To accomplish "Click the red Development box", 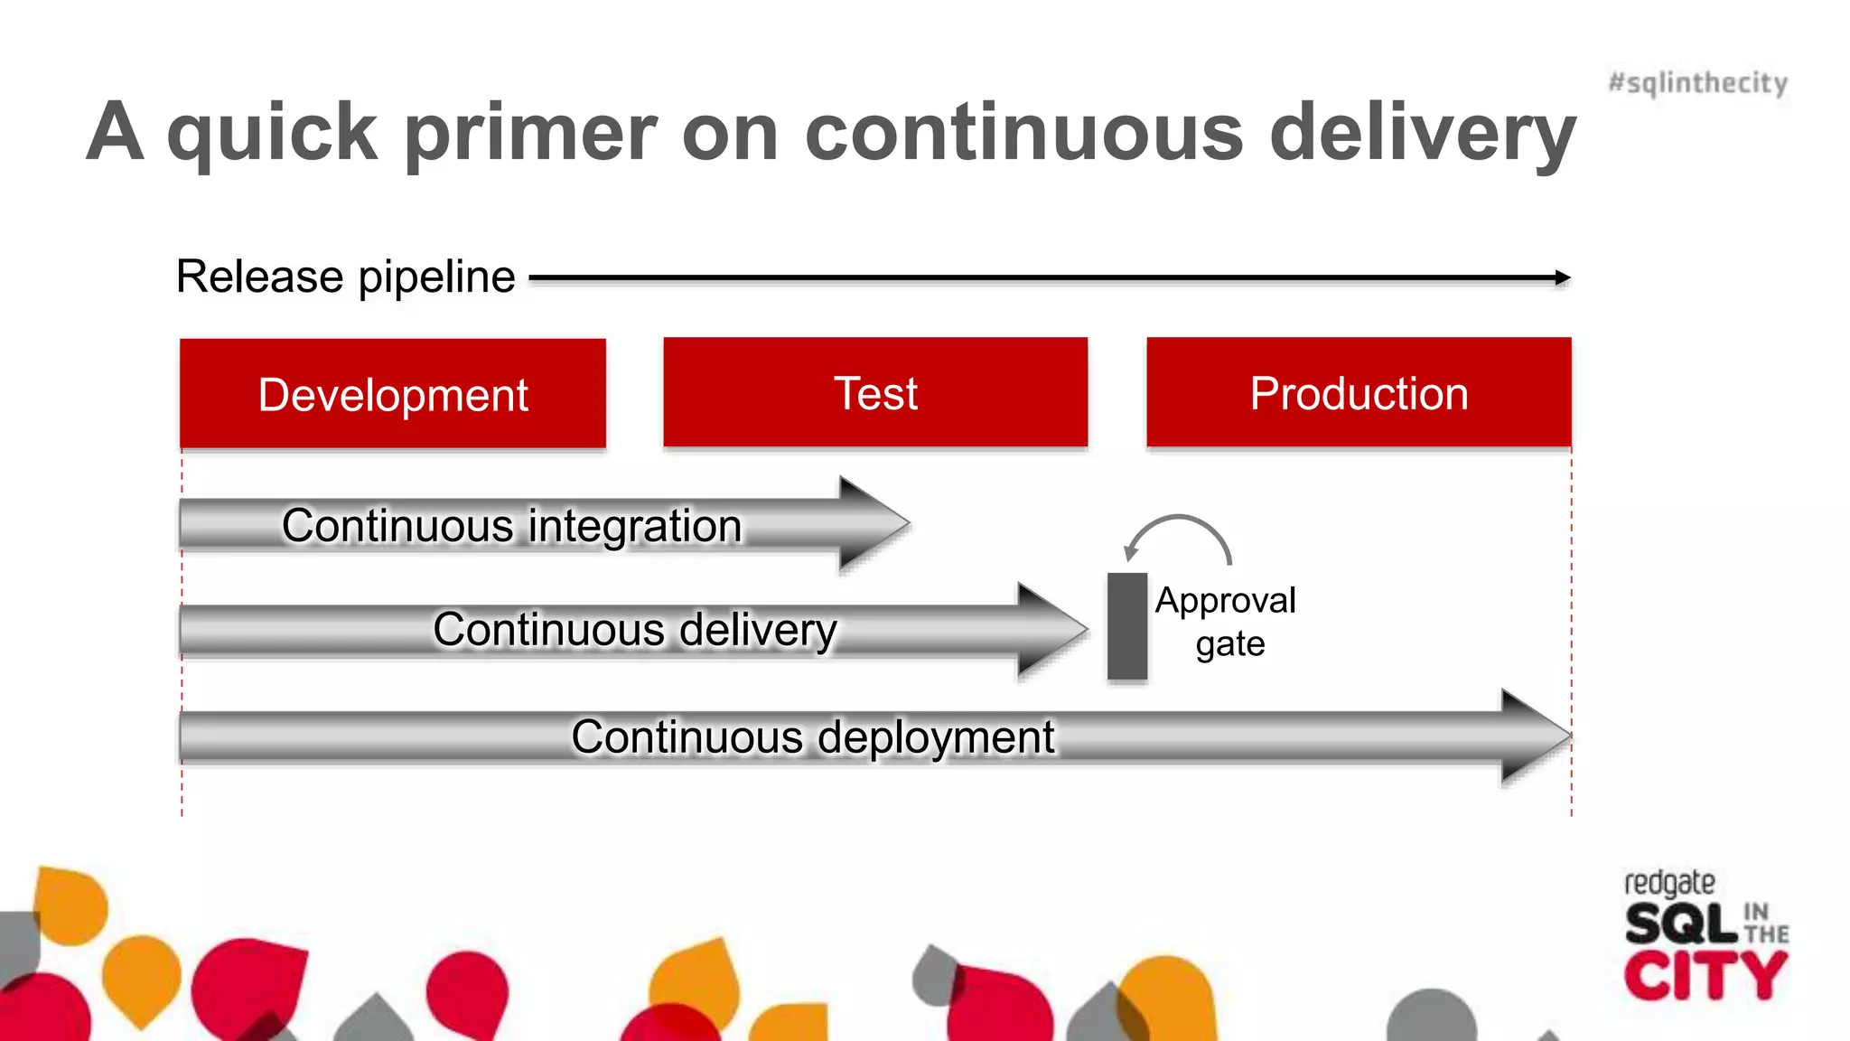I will [393, 394].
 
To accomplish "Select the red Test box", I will [875, 392].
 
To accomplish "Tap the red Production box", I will [1359, 392].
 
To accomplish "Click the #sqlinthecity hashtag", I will [1697, 83].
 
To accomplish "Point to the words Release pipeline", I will [345, 277].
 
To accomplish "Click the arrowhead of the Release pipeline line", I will [1562, 277].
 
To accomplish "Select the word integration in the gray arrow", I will [634, 526].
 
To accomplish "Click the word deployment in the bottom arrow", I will [936, 736].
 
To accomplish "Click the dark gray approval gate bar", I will [1127, 625].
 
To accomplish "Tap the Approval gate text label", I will [1227, 622].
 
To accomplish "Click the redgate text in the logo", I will [1668, 883].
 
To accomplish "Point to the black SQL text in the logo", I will [1680, 924].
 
